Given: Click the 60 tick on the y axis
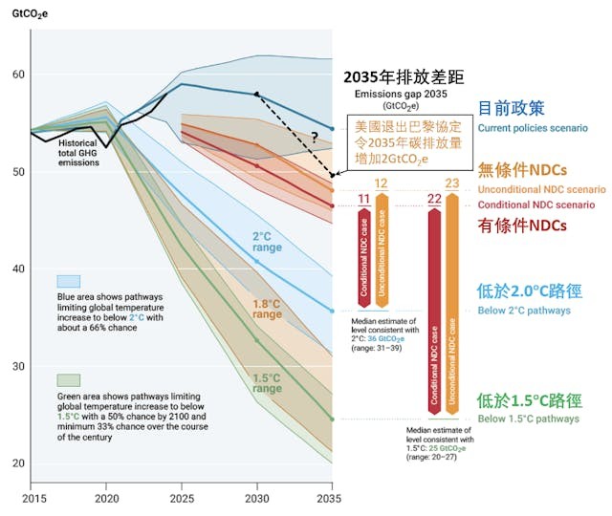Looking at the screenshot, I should [17, 75].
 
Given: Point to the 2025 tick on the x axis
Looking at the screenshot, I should [181, 498].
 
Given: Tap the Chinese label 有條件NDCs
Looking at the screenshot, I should [522, 225].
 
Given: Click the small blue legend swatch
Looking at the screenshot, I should [68, 281].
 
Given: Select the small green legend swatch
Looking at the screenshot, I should [68, 379].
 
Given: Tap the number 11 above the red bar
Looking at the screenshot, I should [364, 200].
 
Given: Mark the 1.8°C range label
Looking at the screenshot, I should [267, 308].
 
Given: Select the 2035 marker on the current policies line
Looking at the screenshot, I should [332, 128].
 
